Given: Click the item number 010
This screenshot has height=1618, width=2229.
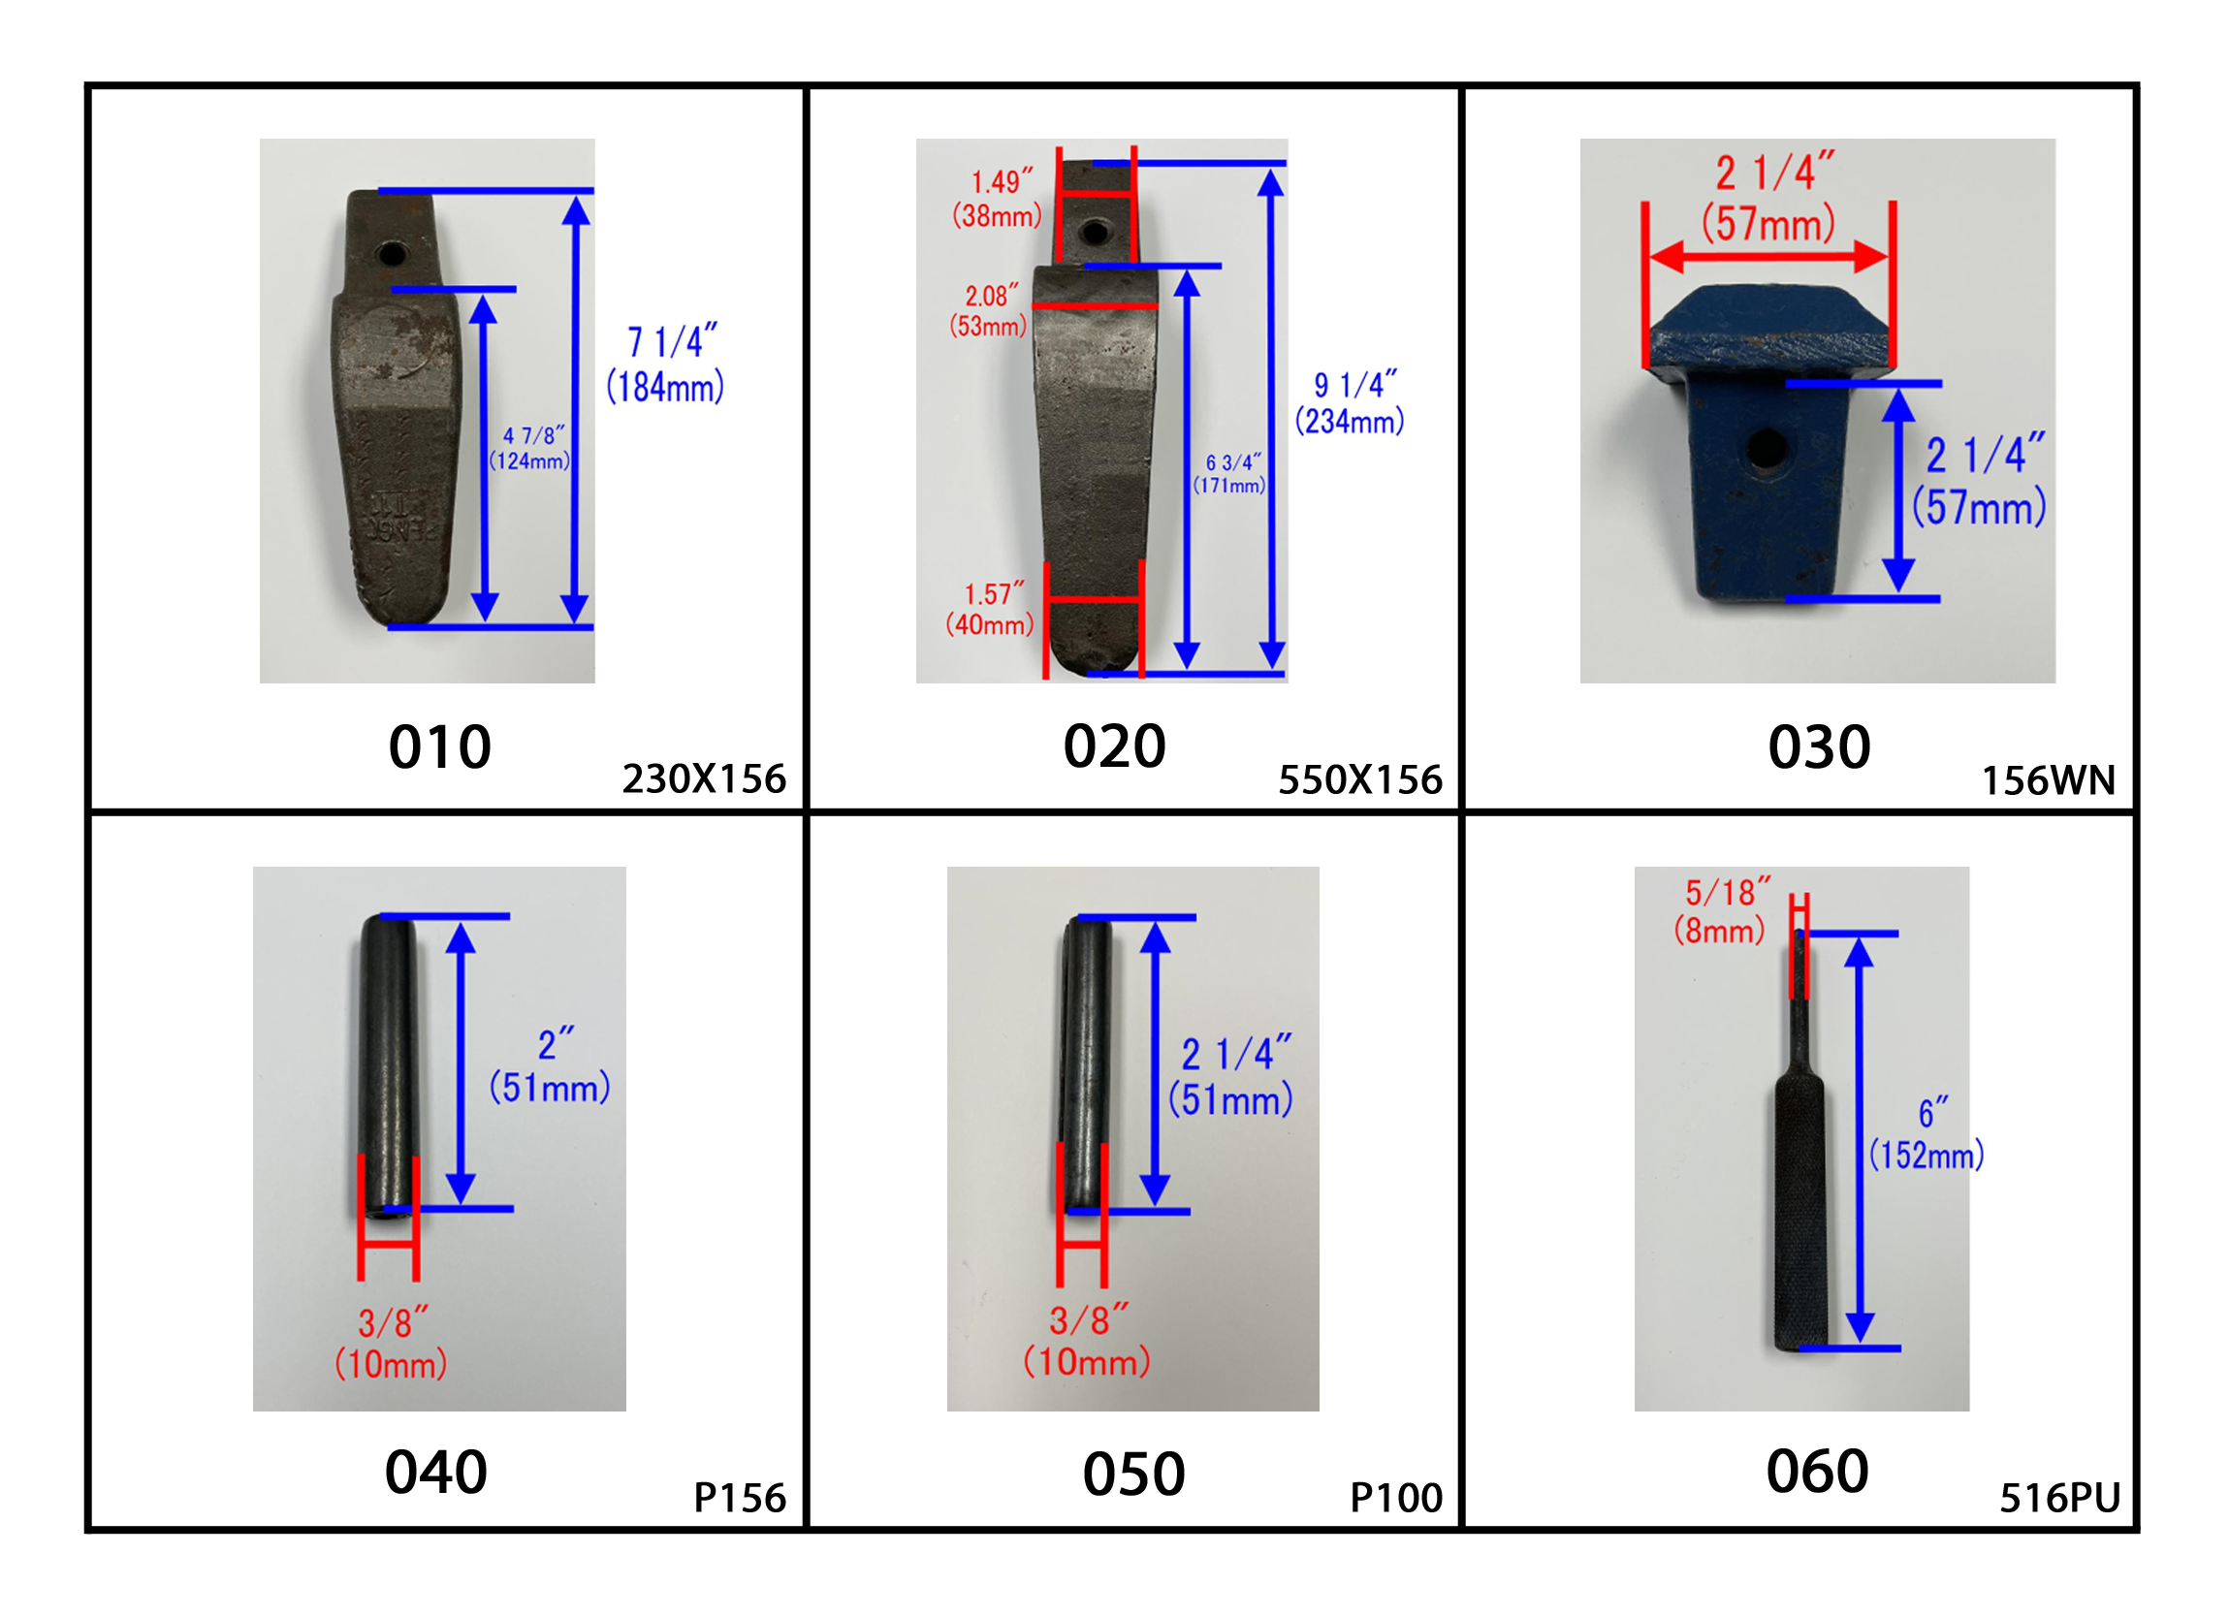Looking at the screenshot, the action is point(439,748).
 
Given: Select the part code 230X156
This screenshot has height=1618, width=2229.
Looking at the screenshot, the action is point(704,779).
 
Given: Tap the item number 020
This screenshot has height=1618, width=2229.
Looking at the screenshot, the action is point(1115,747).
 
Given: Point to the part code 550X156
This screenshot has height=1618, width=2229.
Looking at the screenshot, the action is point(1360,780).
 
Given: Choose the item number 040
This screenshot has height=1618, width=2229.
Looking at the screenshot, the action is point(436,1473).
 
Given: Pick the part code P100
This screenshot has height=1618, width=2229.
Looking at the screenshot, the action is point(1396,1498).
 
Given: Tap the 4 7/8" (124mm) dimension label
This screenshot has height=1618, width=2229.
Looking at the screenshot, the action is point(529,448).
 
